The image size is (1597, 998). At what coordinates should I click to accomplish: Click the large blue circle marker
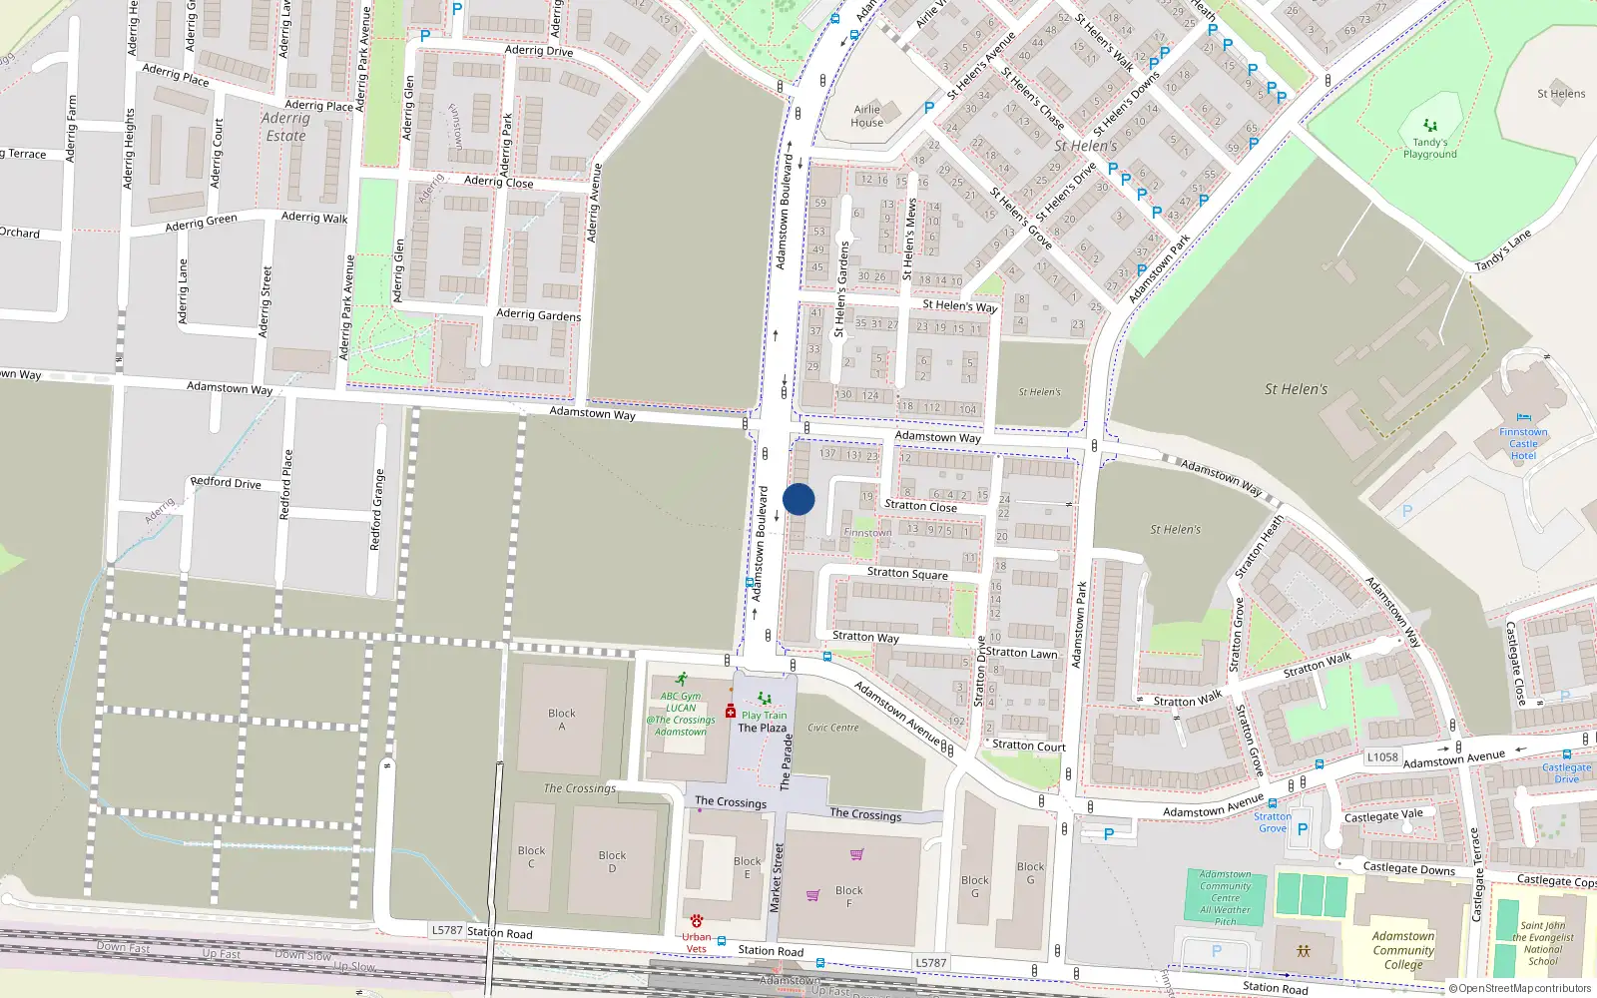[x=798, y=499]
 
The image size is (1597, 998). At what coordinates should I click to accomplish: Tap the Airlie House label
[x=866, y=116]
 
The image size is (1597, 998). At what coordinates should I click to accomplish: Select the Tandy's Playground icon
[x=1430, y=126]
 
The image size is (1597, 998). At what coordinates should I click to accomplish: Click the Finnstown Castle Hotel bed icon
[x=1523, y=418]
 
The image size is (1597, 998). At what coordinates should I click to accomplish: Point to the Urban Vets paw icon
[x=696, y=920]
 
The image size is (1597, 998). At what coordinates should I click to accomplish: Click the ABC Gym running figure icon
[x=682, y=680]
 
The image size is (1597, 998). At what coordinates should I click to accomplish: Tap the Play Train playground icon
[x=764, y=700]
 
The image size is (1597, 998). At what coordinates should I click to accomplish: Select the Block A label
[x=562, y=720]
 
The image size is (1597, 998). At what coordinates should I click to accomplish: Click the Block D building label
[x=612, y=861]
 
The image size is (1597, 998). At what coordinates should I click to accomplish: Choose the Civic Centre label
[x=832, y=728]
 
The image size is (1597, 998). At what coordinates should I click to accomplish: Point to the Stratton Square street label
[x=907, y=573]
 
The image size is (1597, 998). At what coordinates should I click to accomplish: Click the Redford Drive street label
[x=226, y=483]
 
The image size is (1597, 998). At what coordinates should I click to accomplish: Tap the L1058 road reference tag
[x=1382, y=757]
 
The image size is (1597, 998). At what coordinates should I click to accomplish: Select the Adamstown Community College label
[x=1402, y=950]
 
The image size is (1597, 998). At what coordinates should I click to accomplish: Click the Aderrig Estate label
[x=285, y=127]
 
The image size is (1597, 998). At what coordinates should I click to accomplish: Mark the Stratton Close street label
[x=920, y=506]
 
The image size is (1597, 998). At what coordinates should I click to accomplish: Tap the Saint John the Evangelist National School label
[x=1542, y=943]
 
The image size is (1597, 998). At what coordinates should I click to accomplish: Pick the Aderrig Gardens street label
[x=538, y=314]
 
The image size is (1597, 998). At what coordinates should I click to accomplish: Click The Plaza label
[x=762, y=728]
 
